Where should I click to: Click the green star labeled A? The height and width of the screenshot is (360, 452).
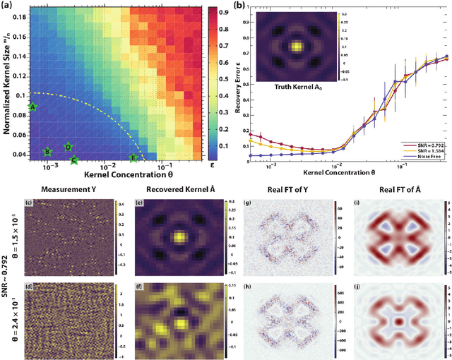32,107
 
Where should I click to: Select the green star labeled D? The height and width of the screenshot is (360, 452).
68,147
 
